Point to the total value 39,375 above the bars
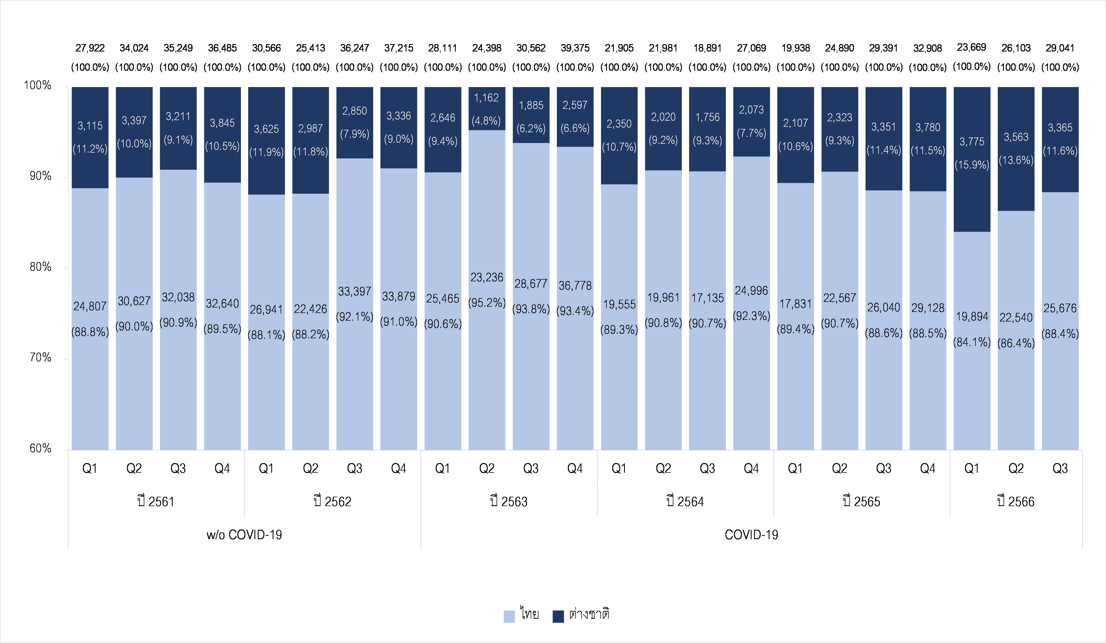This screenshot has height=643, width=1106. coord(575,48)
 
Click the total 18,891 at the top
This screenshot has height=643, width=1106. coord(707,48)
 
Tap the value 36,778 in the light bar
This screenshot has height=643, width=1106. coord(575,286)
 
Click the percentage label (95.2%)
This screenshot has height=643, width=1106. coord(487,303)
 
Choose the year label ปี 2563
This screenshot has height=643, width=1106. coord(509,501)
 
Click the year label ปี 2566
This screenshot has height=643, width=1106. coord(1016,501)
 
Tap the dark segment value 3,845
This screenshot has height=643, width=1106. coord(222,123)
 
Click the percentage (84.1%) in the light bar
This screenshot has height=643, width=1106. coord(972,342)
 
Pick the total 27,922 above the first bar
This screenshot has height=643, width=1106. coord(90,48)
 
